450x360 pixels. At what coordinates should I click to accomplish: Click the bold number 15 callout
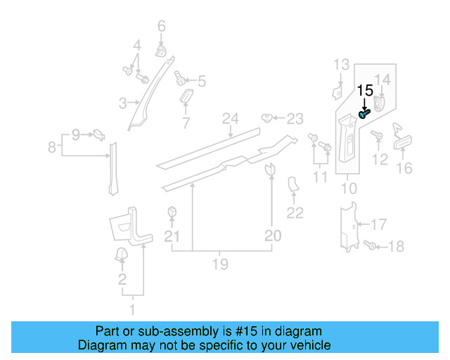[x=365, y=91]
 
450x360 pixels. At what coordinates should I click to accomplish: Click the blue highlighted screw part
[x=364, y=112]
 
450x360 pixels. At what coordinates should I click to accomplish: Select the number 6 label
[x=161, y=27]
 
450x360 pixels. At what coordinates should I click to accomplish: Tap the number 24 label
[x=228, y=118]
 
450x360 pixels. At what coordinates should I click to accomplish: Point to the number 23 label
[x=295, y=118]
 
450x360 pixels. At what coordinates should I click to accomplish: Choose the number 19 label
[x=220, y=264]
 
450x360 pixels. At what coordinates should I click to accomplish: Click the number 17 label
[x=378, y=225]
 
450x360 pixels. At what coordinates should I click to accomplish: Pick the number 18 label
[x=397, y=246]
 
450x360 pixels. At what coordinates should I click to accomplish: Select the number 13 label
[x=340, y=65]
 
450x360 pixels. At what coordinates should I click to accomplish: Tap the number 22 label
[x=295, y=213]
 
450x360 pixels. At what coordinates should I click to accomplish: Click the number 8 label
[x=51, y=148]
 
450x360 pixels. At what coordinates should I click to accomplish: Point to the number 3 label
[x=122, y=103]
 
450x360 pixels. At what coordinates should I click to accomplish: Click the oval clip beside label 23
[x=267, y=117]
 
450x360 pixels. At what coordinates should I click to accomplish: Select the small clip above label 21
[x=171, y=212]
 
